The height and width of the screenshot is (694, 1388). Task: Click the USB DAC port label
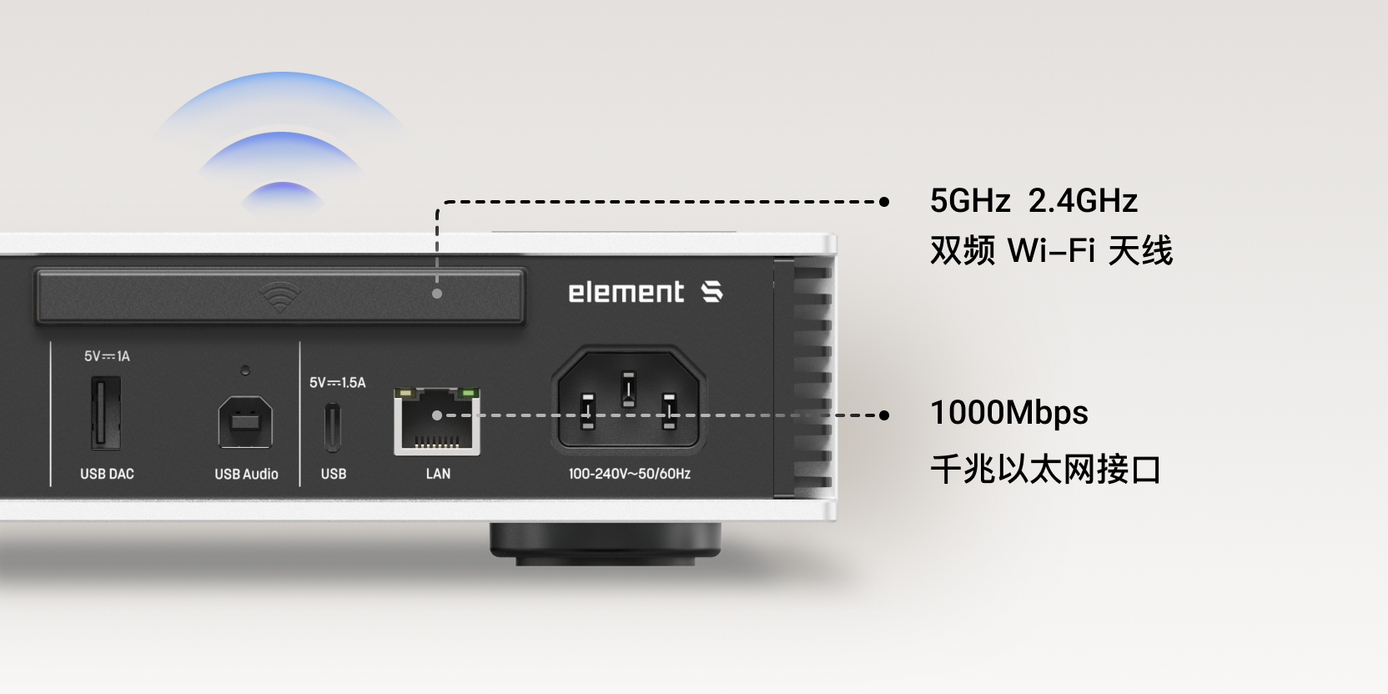pyautogui.click(x=108, y=474)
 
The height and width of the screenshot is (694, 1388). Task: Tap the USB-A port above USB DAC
pyautogui.click(x=106, y=412)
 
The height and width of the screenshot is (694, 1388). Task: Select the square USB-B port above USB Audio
pyautogui.click(x=245, y=422)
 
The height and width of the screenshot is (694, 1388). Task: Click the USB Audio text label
pyautogui.click(x=246, y=474)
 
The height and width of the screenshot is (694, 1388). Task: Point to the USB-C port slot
pyautogui.click(x=333, y=428)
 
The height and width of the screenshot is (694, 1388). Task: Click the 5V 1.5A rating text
pyautogui.click(x=338, y=382)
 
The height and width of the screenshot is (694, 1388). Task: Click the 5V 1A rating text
pyautogui.click(x=108, y=355)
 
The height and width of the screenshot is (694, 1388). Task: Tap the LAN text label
pyautogui.click(x=438, y=474)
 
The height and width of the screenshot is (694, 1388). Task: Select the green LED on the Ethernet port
pyautogui.click(x=468, y=393)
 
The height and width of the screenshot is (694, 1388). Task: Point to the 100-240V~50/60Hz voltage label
pyautogui.click(x=630, y=474)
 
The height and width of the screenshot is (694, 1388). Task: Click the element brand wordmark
pyautogui.click(x=626, y=293)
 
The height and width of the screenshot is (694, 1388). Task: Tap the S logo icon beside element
pyautogui.click(x=712, y=292)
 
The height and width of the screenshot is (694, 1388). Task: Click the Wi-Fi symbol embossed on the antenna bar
pyautogui.click(x=279, y=297)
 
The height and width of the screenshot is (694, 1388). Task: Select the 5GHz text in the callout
pyautogui.click(x=970, y=201)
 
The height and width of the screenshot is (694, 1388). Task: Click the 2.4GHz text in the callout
pyautogui.click(x=1083, y=201)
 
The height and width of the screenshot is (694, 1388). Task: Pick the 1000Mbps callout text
pyautogui.click(x=1008, y=413)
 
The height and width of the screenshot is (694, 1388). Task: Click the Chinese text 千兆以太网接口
pyautogui.click(x=1045, y=469)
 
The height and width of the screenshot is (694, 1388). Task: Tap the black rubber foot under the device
pyautogui.click(x=606, y=543)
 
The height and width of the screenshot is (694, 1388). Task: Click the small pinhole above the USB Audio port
pyautogui.click(x=245, y=370)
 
